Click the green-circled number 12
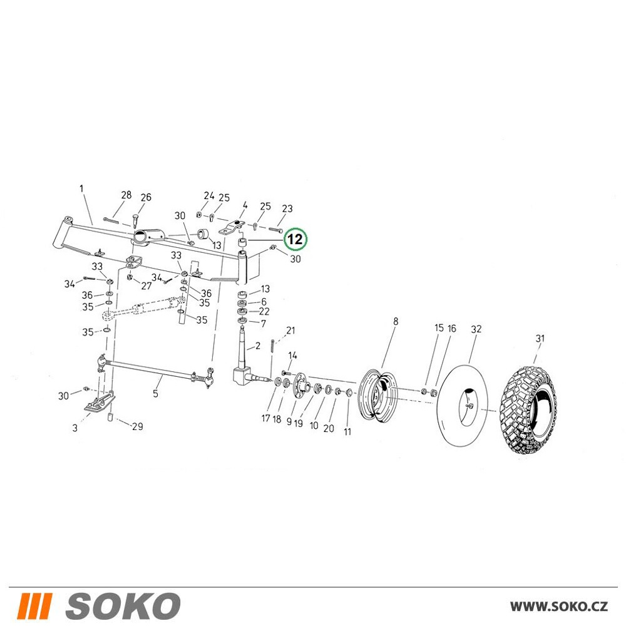coord(295,239)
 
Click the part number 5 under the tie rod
coord(155,393)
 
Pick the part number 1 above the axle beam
coord(82,188)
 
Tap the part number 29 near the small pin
coord(137,426)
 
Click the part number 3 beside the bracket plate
coord(74,428)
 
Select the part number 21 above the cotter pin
coord(290,330)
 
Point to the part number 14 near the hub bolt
coord(292,356)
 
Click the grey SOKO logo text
coord(123,605)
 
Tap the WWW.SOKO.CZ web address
coord(559,606)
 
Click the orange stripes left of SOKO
coord(35,605)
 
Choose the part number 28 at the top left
coord(126,195)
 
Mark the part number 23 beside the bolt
coord(287,208)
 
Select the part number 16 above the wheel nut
coord(451,329)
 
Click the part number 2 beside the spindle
coord(257,346)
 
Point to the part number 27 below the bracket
coord(146,286)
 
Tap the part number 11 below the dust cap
coord(347,431)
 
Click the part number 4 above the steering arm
coord(245,205)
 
